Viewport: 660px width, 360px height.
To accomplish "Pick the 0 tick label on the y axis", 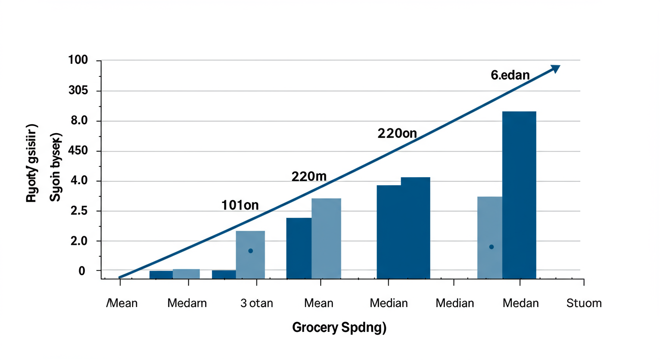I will [82, 271].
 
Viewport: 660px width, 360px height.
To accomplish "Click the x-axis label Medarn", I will [187, 303].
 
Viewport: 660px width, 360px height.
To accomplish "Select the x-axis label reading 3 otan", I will [256, 303].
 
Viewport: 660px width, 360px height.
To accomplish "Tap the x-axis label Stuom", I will [584, 303].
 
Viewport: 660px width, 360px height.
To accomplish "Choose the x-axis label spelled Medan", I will [521, 303].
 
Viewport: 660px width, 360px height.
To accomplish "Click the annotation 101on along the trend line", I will [240, 205].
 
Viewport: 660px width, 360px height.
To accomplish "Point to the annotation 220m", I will [309, 177].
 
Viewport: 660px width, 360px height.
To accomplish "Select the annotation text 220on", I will [397, 134].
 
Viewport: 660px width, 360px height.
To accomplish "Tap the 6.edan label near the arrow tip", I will [510, 75].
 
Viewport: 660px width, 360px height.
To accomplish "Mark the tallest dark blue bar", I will [519, 195].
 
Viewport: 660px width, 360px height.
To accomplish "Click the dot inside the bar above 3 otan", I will [250, 251].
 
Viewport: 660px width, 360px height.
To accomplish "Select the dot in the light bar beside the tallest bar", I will [491, 247].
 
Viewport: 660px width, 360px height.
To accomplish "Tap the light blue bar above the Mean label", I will [326, 238].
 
